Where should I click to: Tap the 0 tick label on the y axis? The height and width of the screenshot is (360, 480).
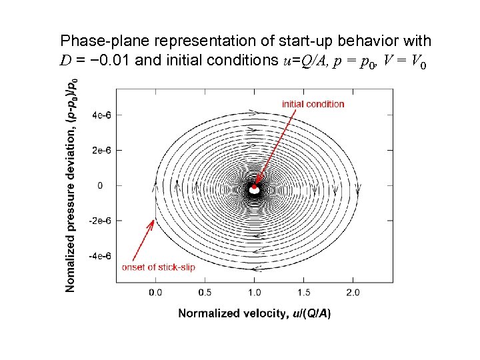click(100, 185)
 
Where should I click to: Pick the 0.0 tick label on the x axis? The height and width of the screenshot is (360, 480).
click(155, 293)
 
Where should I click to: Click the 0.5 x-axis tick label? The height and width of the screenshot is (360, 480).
click(205, 293)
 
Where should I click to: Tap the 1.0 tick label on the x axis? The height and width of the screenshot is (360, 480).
click(254, 293)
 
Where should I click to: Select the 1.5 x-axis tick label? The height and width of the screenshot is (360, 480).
click(303, 293)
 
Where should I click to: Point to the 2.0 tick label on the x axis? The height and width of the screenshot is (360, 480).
click(353, 293)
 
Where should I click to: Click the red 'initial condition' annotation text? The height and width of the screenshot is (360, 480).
click(313, 104)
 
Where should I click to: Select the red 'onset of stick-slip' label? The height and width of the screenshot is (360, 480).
click(158, 267)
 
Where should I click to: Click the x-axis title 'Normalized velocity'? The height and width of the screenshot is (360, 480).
click(254, 313)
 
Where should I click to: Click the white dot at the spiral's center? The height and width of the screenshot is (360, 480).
click(254, 190)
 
